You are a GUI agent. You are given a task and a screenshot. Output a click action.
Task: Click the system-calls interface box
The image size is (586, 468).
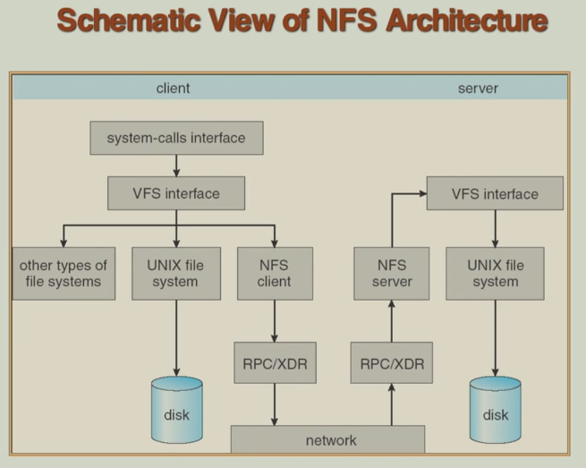[176, 139]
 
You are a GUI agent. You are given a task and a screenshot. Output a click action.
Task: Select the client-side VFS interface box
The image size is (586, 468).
[176, 193]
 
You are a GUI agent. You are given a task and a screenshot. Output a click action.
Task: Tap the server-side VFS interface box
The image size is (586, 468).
[495, 193]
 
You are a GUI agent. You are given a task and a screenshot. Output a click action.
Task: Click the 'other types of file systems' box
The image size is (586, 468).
[64, 273]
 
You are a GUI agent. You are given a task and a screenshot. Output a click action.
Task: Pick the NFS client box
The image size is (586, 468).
[276, 273]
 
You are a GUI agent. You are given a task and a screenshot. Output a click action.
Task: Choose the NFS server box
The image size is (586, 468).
[390, 273]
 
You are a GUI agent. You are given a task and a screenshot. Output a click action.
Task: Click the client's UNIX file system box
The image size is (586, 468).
[176, 273]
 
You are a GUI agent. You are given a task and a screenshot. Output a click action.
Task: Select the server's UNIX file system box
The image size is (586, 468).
[495, 273]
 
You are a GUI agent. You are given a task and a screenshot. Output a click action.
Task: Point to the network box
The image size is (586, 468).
[327, 439]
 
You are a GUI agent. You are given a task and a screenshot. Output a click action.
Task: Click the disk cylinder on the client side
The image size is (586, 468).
[176, 412]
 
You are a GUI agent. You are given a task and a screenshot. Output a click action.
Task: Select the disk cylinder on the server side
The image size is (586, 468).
[495, 412]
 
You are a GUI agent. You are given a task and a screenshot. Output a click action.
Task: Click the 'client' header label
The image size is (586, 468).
[174, 88]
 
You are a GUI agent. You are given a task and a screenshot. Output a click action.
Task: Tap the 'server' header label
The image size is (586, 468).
[478, 88]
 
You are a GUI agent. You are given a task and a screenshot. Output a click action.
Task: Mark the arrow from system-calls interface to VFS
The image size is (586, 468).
[176, 166]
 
